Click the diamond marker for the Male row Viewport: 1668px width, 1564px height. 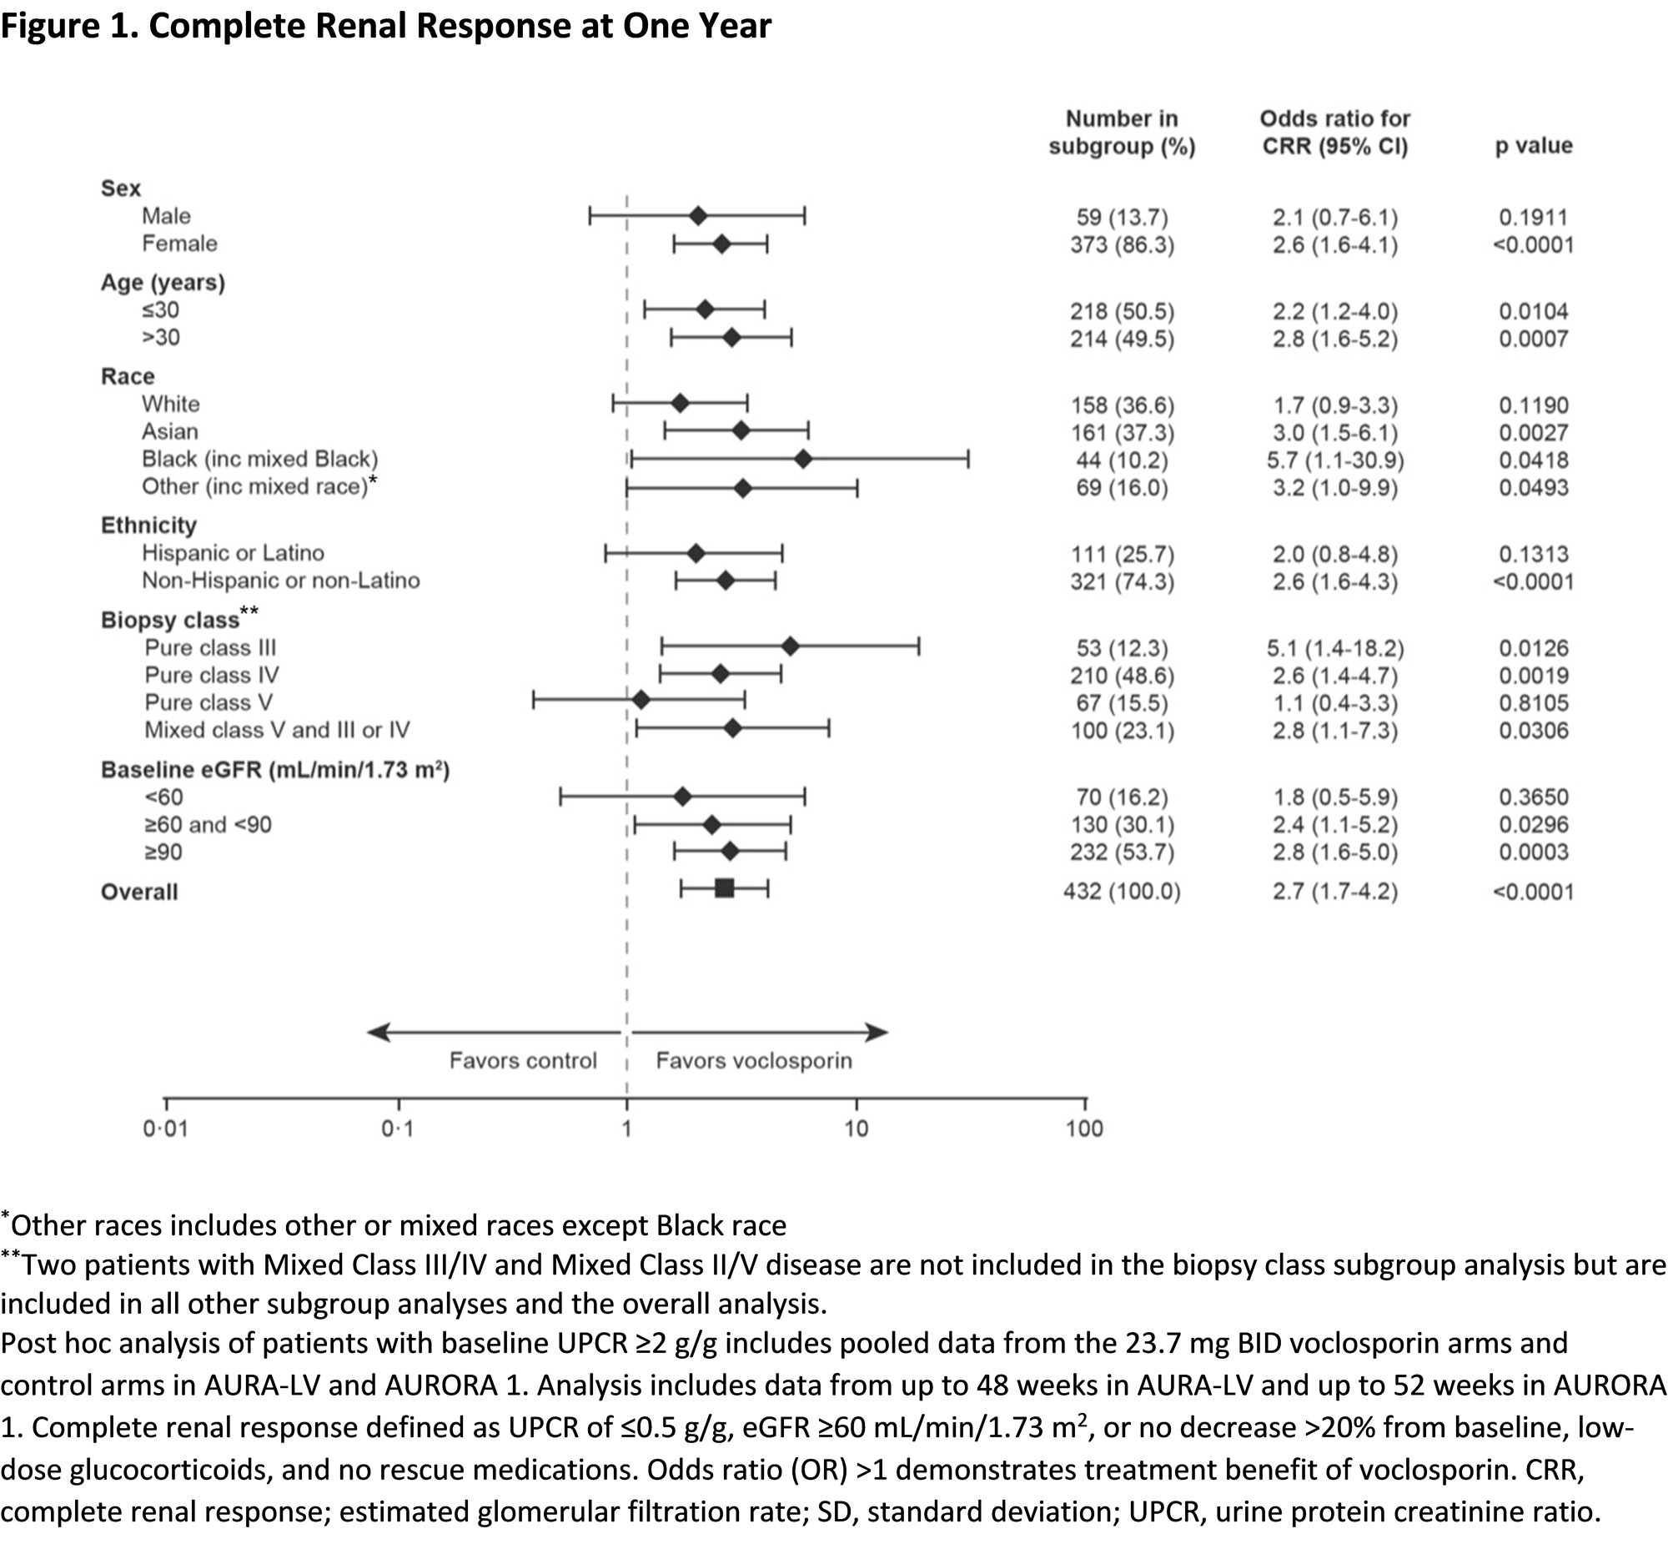tap(698, 217)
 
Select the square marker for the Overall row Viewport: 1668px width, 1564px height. tap(725, 888)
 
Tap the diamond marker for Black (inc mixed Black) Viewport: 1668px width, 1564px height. tap(803, 459)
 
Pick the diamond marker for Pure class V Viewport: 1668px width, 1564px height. tap(641, 700)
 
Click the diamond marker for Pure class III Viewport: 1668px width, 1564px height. tap(790, 646)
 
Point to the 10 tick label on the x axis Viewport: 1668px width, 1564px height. tap(856, 1129)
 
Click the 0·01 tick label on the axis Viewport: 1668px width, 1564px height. tap(165, 1129)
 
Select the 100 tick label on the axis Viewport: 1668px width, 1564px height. tap(1084, 1129)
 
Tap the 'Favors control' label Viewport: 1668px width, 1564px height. tap(523, 1060)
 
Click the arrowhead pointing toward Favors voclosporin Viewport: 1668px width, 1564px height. tap(877, 1032)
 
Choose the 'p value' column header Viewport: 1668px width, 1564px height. tap(1533, 146)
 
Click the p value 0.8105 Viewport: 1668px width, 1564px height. tap(1533, 703)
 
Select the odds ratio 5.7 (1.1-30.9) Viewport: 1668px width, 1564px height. tap(1335, 460)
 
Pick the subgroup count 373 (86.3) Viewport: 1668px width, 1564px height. tap(1122, 245)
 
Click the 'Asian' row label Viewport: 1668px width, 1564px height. tap(170, 431)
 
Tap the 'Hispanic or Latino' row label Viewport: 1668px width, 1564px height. tap(233, 553)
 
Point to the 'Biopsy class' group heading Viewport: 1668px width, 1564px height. tap(170, 620)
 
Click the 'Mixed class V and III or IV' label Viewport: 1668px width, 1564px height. tap(277, 730)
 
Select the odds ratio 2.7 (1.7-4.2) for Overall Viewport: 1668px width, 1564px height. tap(1335, 891)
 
